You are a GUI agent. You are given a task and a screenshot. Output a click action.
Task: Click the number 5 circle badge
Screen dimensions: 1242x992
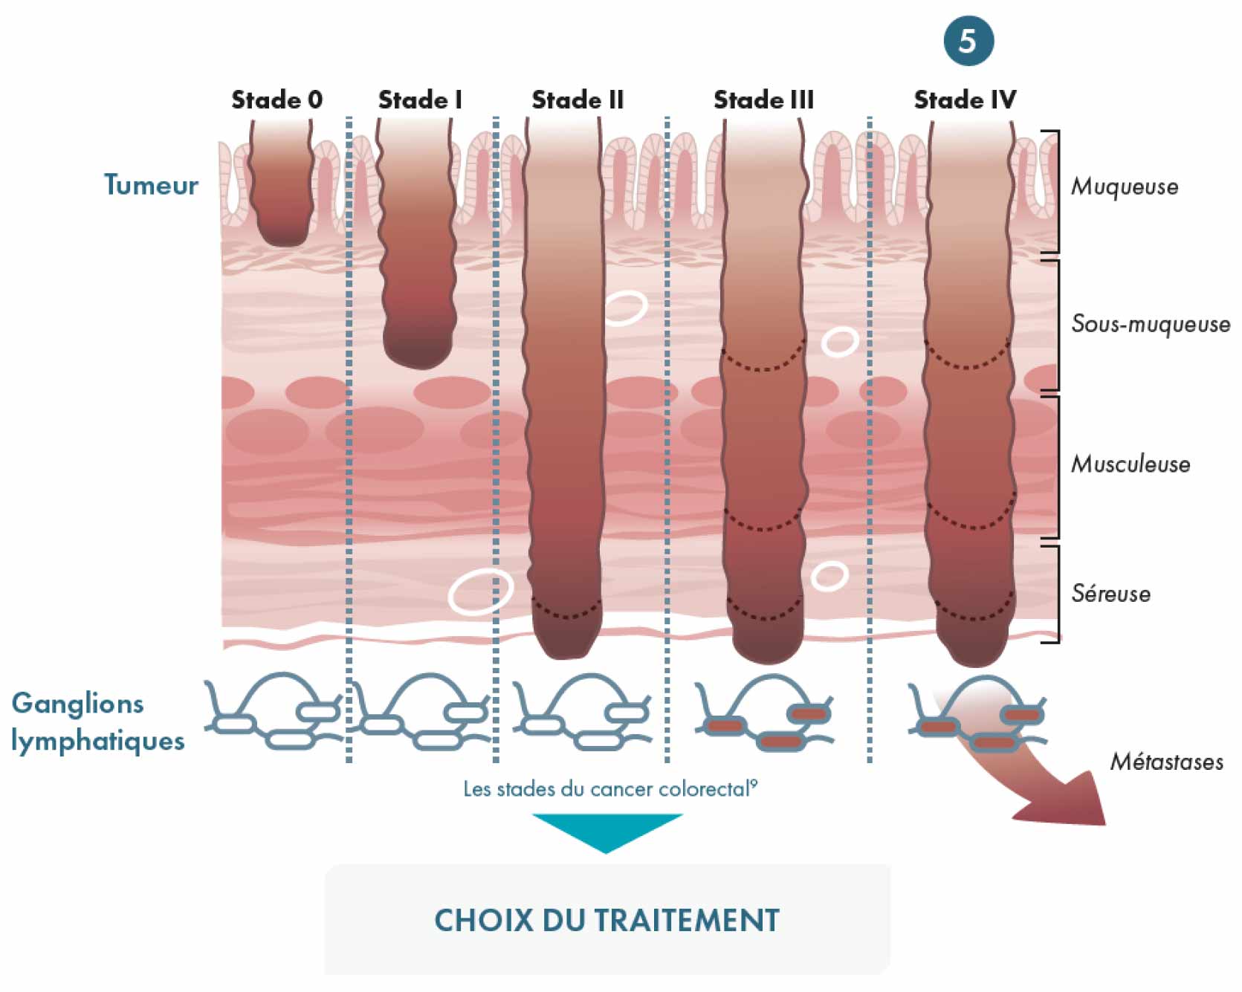tap(968, 40)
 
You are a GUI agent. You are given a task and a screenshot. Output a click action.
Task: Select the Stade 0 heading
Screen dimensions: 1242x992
tap(276, 100)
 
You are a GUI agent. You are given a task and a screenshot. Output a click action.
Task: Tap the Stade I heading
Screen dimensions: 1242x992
tap(420, 100)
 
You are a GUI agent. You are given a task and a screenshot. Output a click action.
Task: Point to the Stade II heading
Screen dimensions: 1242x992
tap(578, 100)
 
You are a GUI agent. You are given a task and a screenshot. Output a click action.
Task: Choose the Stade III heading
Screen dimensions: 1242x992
tap(763, 100)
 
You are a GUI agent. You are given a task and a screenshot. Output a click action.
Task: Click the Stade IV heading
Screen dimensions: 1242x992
tap(965, 100)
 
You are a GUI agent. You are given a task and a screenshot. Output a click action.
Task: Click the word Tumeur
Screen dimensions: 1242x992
tap(151, 185)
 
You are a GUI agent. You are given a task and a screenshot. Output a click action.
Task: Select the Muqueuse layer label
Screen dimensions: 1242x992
tap(1125, 187)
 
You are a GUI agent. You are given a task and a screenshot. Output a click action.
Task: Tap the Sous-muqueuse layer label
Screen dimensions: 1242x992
tap(1151, 324)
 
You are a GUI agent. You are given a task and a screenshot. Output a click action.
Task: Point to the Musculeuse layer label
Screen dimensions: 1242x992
tap(1131, 464)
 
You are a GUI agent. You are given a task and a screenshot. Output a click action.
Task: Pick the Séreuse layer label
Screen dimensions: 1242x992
tap(1110, 593)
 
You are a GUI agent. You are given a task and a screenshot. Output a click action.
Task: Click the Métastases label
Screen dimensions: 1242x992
tap(1166, 762)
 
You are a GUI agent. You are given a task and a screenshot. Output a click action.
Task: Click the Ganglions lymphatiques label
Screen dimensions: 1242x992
tap(97, 722)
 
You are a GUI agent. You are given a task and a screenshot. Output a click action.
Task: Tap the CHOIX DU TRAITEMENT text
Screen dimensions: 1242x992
tap(607, 921)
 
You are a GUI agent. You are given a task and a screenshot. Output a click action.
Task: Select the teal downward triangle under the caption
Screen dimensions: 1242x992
tap(607, 831)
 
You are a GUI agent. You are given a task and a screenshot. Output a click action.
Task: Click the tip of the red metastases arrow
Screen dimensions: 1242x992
tap(1104, 824)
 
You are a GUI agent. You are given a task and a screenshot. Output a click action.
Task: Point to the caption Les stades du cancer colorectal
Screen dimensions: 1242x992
tap(610, 788)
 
